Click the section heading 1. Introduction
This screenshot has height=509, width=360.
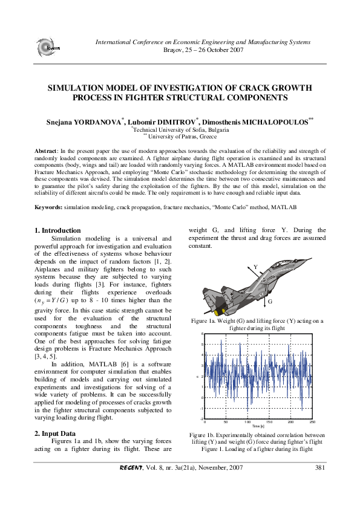click(57, 230)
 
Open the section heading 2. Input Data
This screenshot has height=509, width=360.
click(55, 433)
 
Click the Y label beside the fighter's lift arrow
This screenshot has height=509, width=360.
click(255, 267)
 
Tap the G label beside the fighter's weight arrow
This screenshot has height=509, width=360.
click(270, 300)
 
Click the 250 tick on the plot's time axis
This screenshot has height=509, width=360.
click(312, 422)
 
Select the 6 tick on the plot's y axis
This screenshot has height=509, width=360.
click(201, 334)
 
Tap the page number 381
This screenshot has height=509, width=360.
click(321, 467)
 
